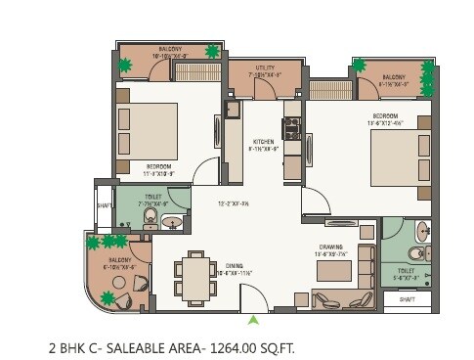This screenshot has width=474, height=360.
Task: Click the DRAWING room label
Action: coord(328,247)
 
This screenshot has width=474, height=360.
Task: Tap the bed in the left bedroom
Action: coord(148,130)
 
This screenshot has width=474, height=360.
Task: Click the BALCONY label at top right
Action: coord(394,76)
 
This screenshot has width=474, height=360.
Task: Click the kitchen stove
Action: coord(290,128)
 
